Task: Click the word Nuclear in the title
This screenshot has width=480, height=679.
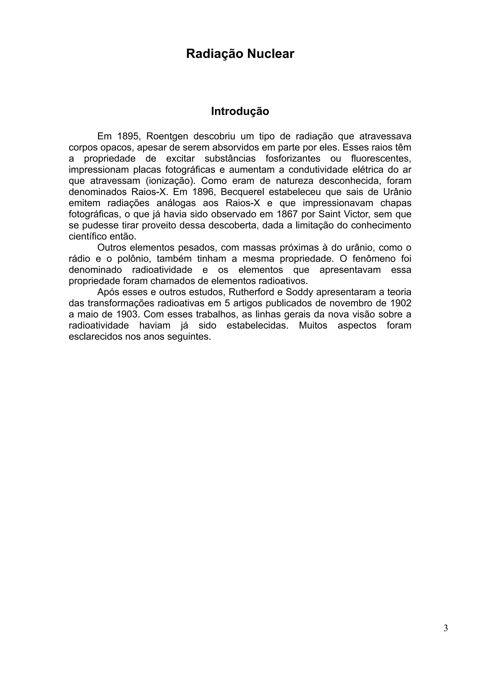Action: point(271,54)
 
